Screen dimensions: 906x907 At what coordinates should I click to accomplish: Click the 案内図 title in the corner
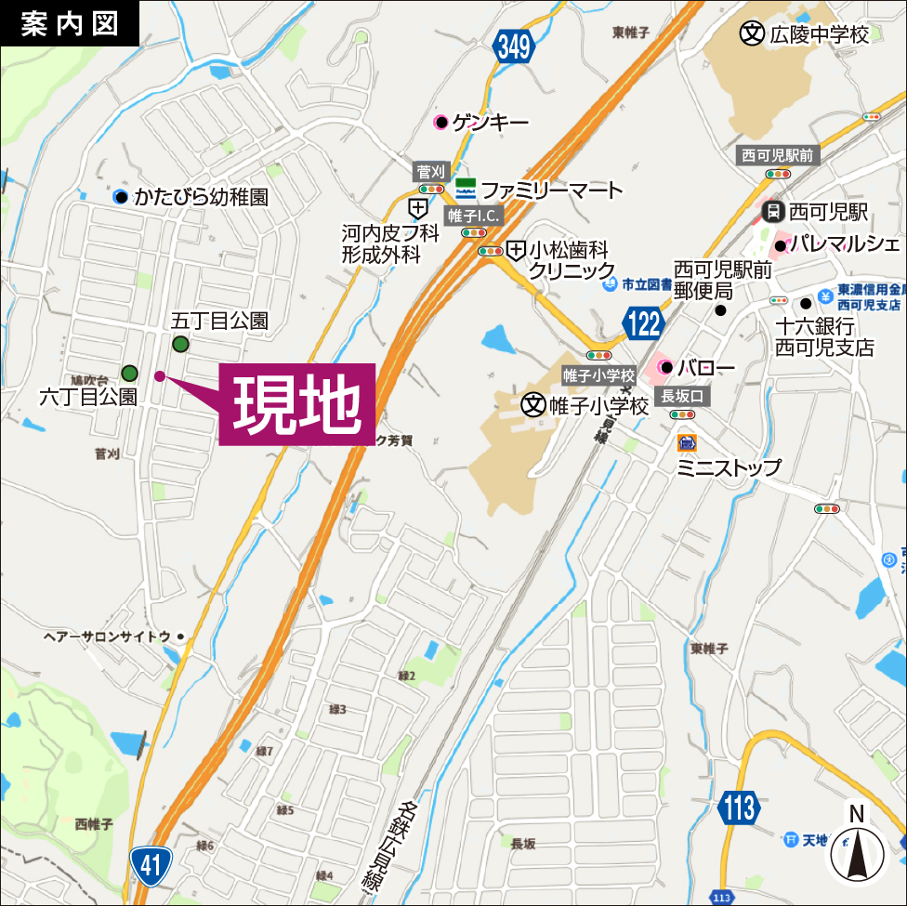click(x=70, y=23)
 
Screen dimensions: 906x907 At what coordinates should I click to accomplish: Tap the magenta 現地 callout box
click(x=297, y=404)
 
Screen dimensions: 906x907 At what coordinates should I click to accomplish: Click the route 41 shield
click(x=151, y=866)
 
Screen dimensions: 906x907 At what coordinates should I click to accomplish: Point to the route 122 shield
click(x=643, y=323)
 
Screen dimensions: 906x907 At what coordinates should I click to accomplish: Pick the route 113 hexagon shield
click(x=740, y=807)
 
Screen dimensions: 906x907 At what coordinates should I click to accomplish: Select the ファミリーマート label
click(x=552, y=190)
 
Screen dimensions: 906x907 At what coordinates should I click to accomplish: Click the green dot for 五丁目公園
click(x=180, y=345)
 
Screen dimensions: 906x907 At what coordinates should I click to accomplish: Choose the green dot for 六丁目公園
click(x=130, y=374)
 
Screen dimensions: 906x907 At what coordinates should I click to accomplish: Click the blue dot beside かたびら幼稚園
click(x=120, y=196)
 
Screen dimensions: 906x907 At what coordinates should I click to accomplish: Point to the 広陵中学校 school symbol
click(x=751, y=34)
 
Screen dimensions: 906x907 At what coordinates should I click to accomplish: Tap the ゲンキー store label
click(x=491, y=122)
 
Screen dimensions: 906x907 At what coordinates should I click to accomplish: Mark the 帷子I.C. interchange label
click(x=474, y=216)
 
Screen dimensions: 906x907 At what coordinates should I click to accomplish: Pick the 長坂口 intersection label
click(x=684, y=396)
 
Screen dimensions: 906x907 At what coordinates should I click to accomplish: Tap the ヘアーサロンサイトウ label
click(x=108, y=636)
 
